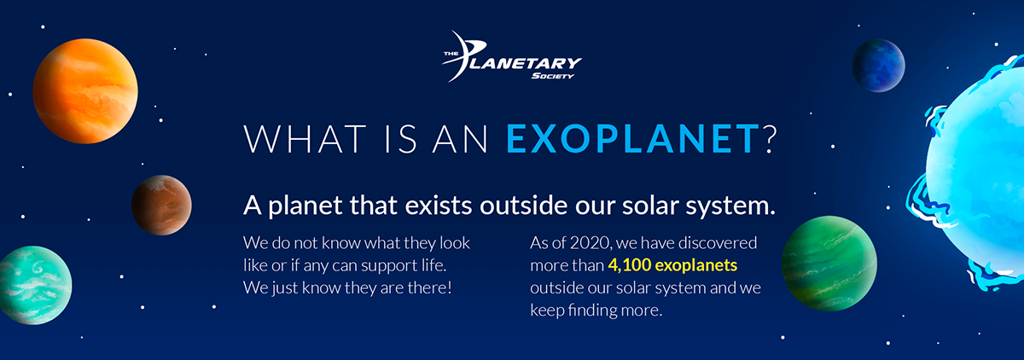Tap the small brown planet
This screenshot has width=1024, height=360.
(x=161, y=205)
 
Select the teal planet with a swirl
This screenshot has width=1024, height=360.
(x=32, y=285)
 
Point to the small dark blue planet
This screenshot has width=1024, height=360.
(x=878, y=66)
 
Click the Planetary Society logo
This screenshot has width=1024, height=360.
(x=511, y=58)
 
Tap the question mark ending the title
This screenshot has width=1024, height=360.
(x=771, y=139)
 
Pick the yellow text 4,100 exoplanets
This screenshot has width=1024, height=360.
(x=672, y=265)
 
